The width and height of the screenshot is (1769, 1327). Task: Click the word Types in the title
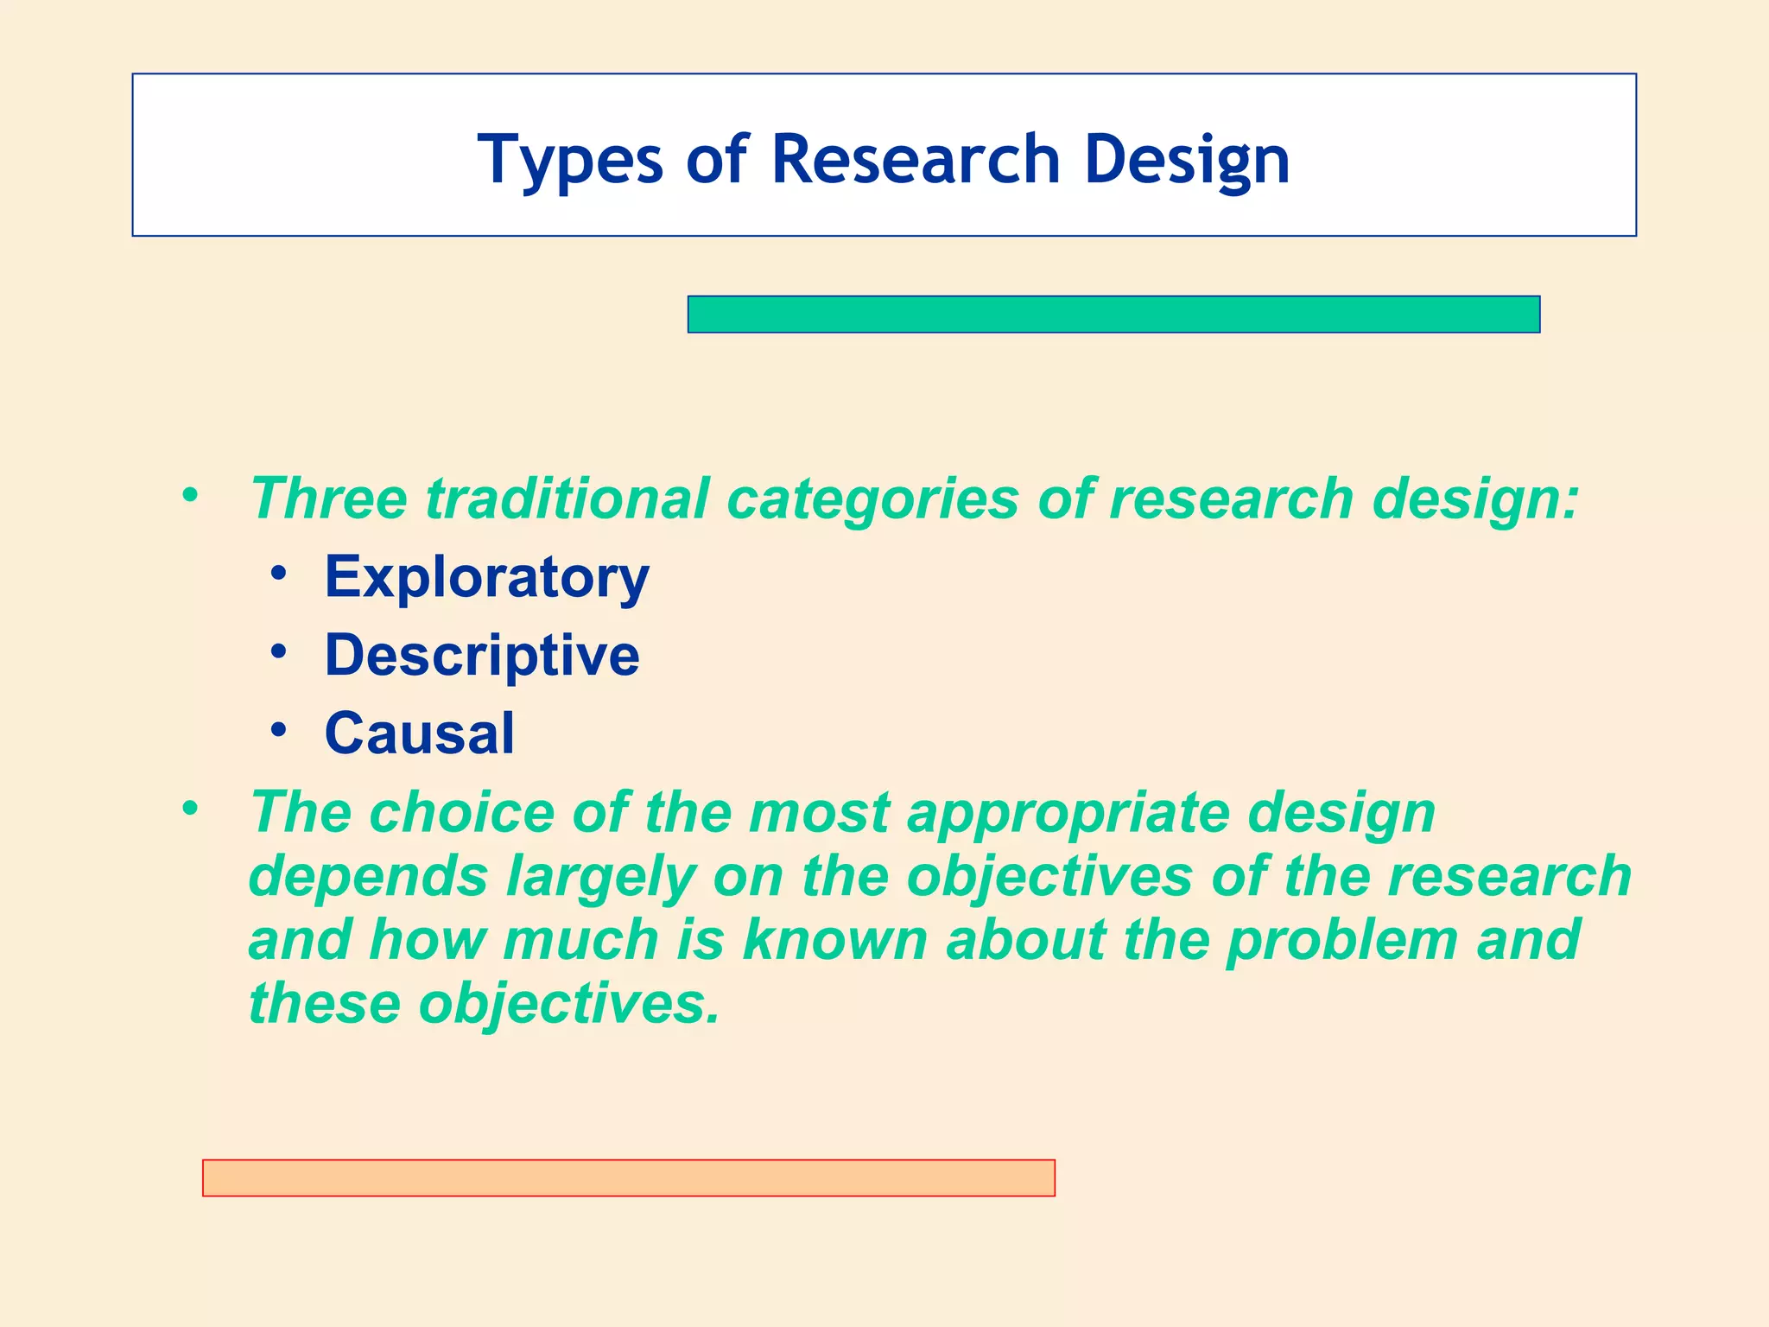point(570,161)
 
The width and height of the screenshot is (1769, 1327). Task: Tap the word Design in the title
point(1186,161)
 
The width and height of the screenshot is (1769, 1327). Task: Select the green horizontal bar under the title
point(1113,314)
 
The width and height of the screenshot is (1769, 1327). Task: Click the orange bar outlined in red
point(628,1178)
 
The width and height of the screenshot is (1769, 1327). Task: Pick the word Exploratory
point(486,577)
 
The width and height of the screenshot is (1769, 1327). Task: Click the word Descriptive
point(482,655)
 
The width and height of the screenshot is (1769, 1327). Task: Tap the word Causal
point(419,733)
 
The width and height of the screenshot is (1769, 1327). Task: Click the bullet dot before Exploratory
point(278,573)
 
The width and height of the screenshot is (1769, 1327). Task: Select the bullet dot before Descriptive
point(278,651)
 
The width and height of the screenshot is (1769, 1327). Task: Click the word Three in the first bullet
point(328,498)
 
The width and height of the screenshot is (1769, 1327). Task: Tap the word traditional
point(567,498)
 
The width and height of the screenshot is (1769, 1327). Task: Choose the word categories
point(872,498)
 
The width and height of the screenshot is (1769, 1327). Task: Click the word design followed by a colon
point(1473,500)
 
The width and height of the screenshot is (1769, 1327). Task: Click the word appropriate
point(1068,814)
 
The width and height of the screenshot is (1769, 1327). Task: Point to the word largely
point(600,878)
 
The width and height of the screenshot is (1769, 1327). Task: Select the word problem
point(1342,940)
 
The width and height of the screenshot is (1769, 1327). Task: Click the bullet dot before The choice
point(190,810)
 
